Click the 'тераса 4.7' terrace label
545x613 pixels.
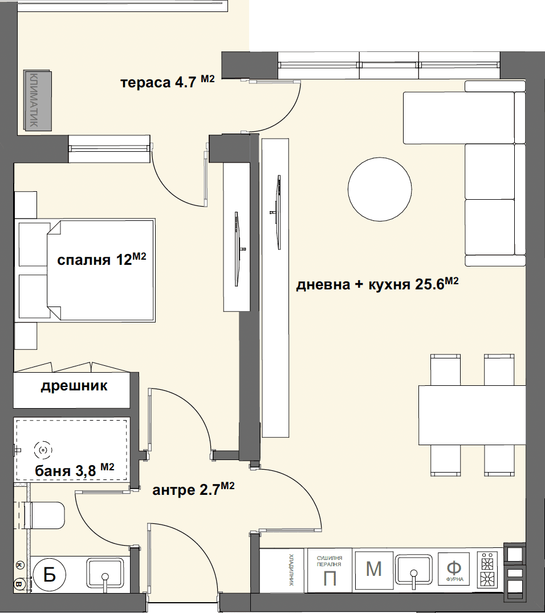(168, 82)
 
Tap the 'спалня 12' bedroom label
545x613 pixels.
(101, 259)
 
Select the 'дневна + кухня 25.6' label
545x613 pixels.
(377, 284)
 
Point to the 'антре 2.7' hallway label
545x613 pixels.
(193, 489)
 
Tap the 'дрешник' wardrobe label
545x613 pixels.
(74, 386)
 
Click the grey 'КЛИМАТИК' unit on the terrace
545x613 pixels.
(38, 100)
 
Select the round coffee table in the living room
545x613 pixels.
(380, 189)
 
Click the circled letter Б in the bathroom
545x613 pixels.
(49, 575)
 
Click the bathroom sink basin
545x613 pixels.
(105, 572)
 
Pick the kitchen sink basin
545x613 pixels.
(413, 569)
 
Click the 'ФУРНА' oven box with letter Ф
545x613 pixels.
(454, 569)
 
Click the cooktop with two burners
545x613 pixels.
(487, 569)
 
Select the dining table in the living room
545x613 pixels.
(471, 415)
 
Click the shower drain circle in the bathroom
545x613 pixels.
(43, 450)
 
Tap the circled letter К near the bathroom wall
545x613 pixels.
(18, 565)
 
